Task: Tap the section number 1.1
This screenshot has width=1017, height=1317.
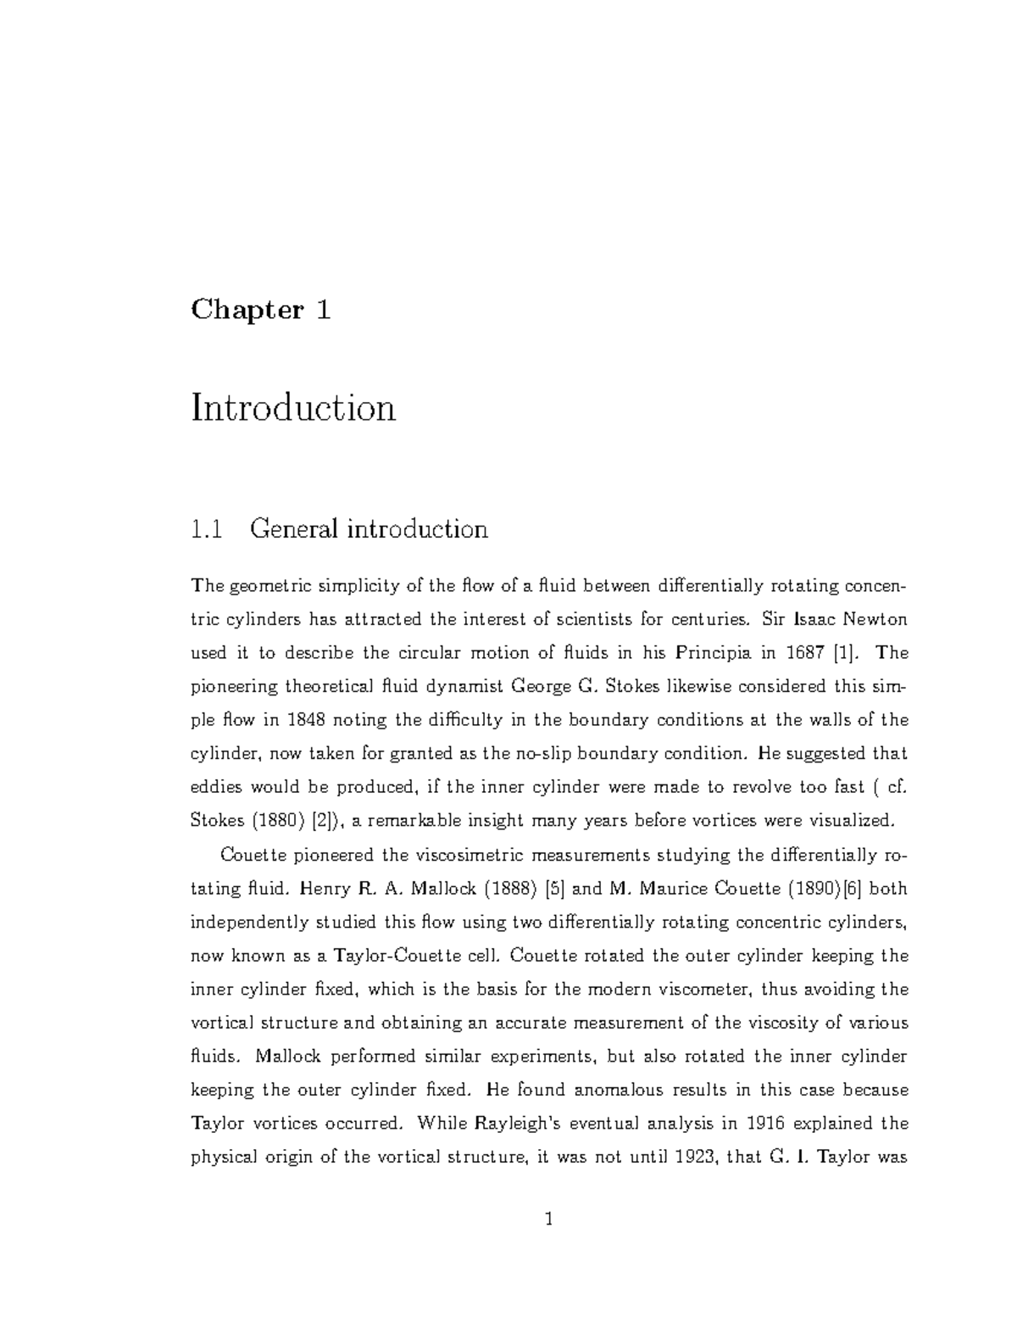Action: tap(207, 529)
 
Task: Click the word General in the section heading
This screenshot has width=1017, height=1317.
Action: tap(293, 529)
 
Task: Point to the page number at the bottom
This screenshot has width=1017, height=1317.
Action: tap(549, 1219)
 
